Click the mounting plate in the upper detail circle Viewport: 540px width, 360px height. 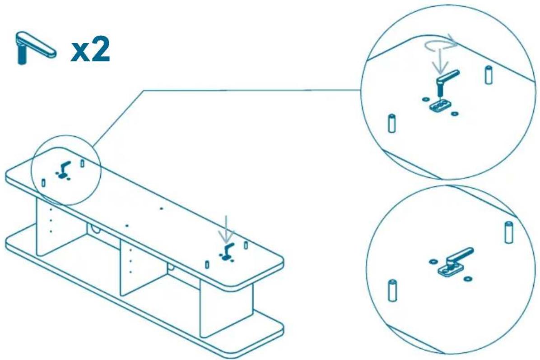tap(439, 106)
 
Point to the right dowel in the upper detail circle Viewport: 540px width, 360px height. tap(488, 75)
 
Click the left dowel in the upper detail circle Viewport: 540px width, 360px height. tap(391, 123)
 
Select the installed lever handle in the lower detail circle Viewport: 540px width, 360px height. tap(458, 256)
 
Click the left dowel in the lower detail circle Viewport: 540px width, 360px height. tap(391, 291)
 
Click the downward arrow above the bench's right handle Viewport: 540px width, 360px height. tap(226, 229)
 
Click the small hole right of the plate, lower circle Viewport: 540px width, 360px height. tap(467, 278)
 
